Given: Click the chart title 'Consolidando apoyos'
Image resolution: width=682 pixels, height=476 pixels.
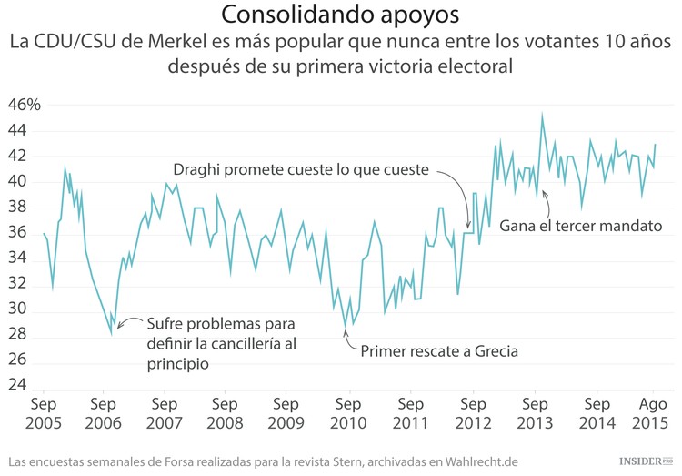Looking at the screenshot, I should (x=340, y=15).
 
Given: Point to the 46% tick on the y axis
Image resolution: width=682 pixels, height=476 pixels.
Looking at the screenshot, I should (x=25, y=105).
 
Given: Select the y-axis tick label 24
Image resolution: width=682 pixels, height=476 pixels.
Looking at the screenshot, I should (x=18, y=386).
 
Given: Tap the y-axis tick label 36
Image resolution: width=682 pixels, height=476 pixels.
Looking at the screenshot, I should (x=18, y=233).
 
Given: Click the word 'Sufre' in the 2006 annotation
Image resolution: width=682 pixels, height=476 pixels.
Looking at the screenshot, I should (x=165, y=325).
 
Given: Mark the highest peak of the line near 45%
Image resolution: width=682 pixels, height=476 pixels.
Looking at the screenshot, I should (x=542, y=115).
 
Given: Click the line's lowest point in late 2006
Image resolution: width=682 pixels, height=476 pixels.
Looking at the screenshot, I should (x=111, y=334).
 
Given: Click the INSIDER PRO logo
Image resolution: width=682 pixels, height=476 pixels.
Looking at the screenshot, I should (x=646, y=461).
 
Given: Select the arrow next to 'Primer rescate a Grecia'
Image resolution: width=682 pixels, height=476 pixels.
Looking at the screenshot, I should (x=349, y=339).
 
